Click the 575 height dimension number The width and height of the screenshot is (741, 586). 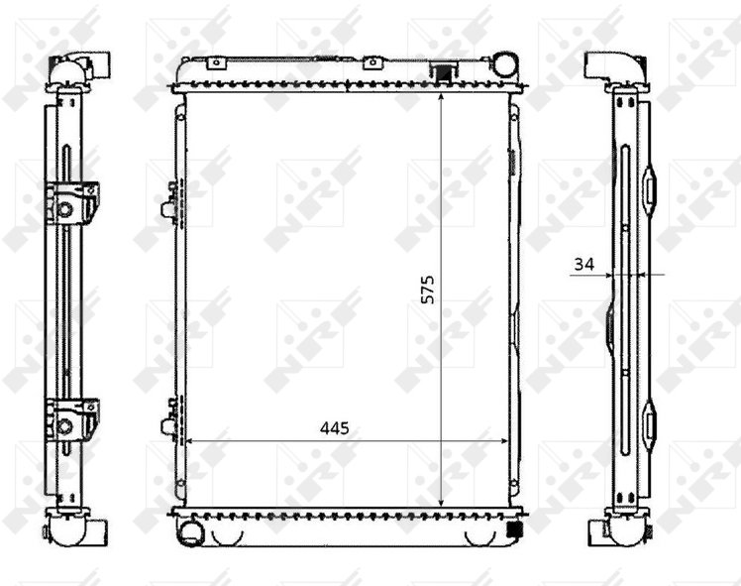[x=427, y=290]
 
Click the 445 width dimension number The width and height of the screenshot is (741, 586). [x=335, y=428]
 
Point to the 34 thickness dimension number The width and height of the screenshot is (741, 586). [x=584, y=264]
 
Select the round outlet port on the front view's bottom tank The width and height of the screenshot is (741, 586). [x=190, y=529]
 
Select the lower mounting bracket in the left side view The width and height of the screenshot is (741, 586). [x=72, y=421]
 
